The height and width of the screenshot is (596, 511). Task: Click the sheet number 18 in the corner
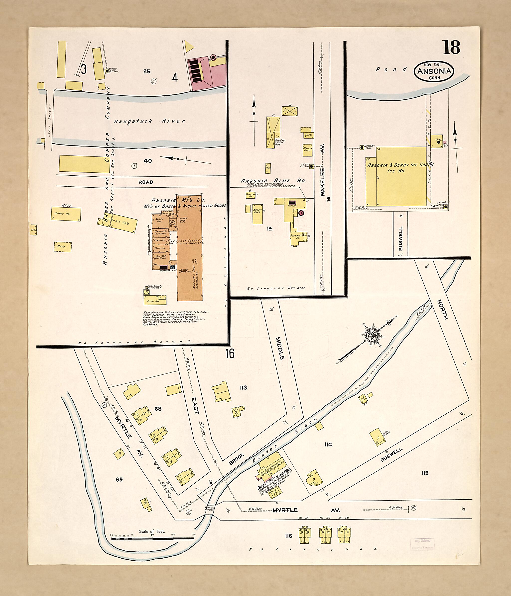[451, 47]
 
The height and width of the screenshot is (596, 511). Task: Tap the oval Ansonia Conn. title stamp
[434, 71]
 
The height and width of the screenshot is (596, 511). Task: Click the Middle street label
[280, 348]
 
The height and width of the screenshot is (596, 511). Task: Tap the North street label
[443, 309]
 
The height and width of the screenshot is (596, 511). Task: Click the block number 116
[289, 536]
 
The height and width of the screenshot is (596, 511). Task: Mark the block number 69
[119, 479]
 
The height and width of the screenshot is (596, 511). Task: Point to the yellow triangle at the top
[189, 46]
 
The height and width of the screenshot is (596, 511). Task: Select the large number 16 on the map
[230, 354]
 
